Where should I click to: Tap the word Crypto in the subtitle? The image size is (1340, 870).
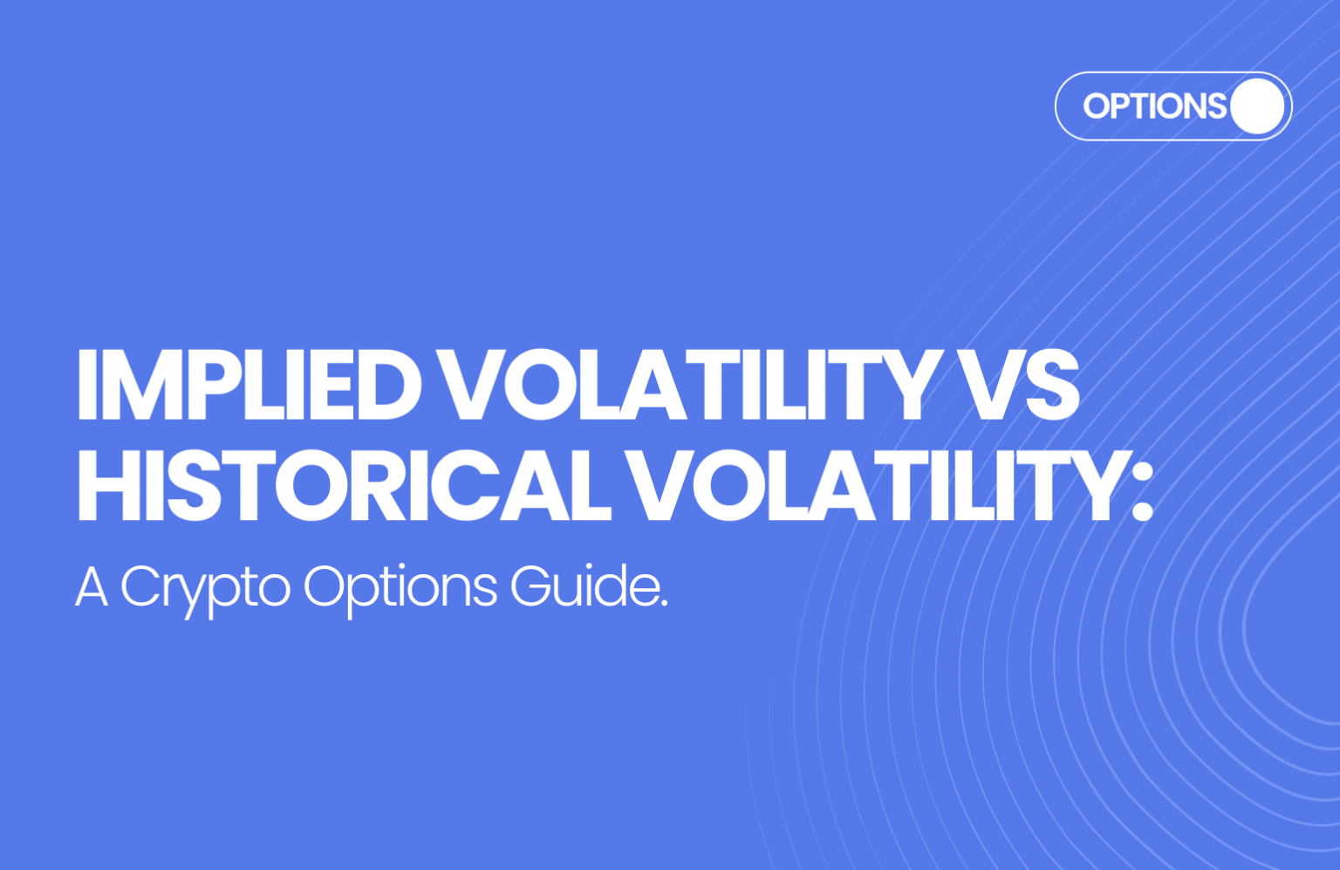tap(205, 588)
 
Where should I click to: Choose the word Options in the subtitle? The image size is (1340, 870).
tap(400, 588)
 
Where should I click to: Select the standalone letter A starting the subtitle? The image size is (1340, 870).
tap(92, 587)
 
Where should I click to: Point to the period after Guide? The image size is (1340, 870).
tap(663, 603)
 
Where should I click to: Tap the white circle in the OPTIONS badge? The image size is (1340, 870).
tap(1255, 106)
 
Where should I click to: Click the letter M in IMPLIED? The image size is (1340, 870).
tap(140, 386)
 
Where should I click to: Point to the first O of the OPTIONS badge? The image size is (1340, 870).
tap(1097, 106)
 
